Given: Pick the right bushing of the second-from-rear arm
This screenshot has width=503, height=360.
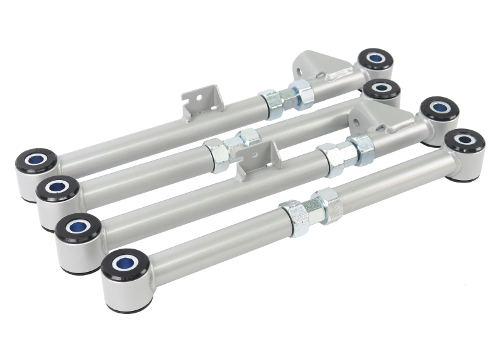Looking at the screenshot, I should click(381, 89).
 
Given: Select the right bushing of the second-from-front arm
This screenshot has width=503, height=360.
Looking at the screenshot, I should click(439, 108).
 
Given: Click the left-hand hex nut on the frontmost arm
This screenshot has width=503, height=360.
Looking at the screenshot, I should click(294, 217).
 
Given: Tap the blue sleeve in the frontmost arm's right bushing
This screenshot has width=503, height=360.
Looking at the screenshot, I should click(464, 138).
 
